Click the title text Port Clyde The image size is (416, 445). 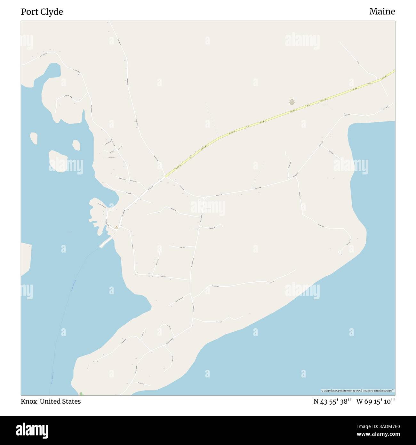tap(42, 12)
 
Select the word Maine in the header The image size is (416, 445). tap(382, 12)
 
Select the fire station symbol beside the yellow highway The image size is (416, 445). tap(292, 100)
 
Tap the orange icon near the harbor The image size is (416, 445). tap(116, 227)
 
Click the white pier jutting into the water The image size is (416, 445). tap(106, 243)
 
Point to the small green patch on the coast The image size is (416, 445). tap(81, 393)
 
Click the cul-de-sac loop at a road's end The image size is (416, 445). tap(340, 253)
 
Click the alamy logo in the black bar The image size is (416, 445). tap(33, 430)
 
